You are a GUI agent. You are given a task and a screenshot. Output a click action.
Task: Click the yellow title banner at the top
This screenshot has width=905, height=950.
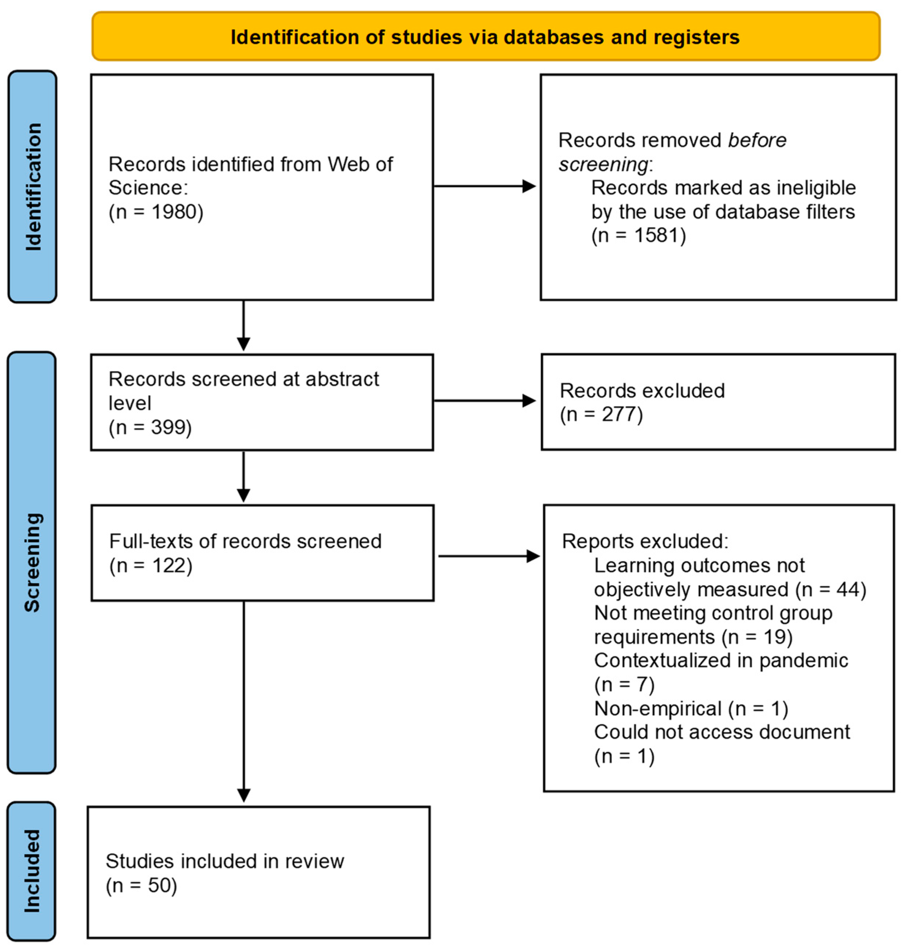485,37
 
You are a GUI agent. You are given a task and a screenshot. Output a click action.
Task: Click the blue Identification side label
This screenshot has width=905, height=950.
33,187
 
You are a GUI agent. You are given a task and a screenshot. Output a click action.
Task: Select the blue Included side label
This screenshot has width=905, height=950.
32,871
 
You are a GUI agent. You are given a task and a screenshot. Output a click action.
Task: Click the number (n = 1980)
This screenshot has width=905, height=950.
156,211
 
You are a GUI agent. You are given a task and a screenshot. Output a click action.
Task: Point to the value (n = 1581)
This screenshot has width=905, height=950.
638,235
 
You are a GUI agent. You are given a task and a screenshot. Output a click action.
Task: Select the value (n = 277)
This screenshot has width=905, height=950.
601,414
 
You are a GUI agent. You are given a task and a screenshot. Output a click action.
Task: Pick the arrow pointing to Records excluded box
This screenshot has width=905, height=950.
485,401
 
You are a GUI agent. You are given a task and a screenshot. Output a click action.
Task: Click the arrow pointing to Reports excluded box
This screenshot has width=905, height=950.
488,556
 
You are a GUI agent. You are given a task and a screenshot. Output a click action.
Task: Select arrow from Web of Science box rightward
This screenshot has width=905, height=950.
485,186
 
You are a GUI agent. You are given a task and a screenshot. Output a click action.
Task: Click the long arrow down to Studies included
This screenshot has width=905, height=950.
243,700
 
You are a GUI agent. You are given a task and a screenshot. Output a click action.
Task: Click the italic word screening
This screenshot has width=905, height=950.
603,165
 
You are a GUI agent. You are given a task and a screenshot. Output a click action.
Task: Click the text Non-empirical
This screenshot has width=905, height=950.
657,708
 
